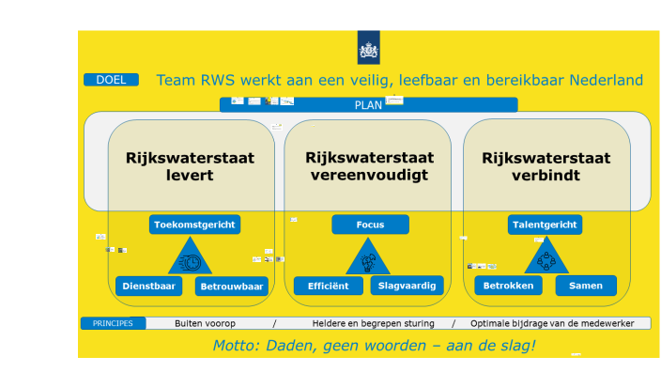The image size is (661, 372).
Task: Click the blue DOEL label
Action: pos(111,80)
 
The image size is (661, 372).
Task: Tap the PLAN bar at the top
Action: pos(368,104)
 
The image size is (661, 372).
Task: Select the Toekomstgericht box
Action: pos(194,225)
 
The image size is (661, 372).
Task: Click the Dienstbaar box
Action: pos(149,286)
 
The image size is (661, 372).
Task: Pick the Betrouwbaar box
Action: pos(232,286)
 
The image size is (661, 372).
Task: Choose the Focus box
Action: pos(370,225)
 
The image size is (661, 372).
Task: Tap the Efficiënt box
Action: pos(329,286)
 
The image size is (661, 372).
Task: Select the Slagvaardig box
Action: pos(408,286)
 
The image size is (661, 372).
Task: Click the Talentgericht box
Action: pos(546,225)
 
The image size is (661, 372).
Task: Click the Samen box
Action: pos(586,286)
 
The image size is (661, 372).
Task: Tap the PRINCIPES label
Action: pos(113,323)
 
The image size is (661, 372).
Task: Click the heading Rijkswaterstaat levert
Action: pos(191,166)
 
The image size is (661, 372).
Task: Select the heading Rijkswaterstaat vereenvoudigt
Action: pos(367,166)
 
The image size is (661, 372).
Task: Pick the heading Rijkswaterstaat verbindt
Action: pos(546,166)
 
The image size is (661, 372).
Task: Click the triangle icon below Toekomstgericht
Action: pos(191,258)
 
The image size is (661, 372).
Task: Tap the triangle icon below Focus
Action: pos(368,258)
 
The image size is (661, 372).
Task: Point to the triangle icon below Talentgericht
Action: pos(546,258)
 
